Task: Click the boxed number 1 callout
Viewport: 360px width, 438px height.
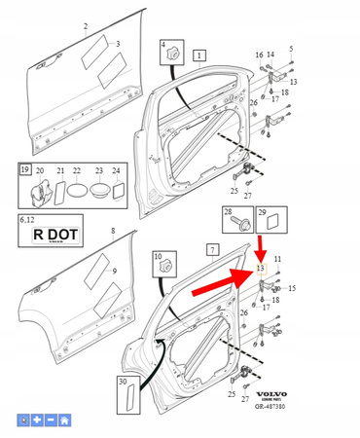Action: click(198, 56)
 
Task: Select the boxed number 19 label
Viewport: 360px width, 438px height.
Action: click(25, 170)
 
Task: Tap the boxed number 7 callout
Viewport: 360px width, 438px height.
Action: click(211, 249)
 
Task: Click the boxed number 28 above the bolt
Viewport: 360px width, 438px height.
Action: click(228, 212)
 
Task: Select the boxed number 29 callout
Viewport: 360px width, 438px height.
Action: click(260, 212)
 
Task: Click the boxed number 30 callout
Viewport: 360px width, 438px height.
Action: click(124, 383)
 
